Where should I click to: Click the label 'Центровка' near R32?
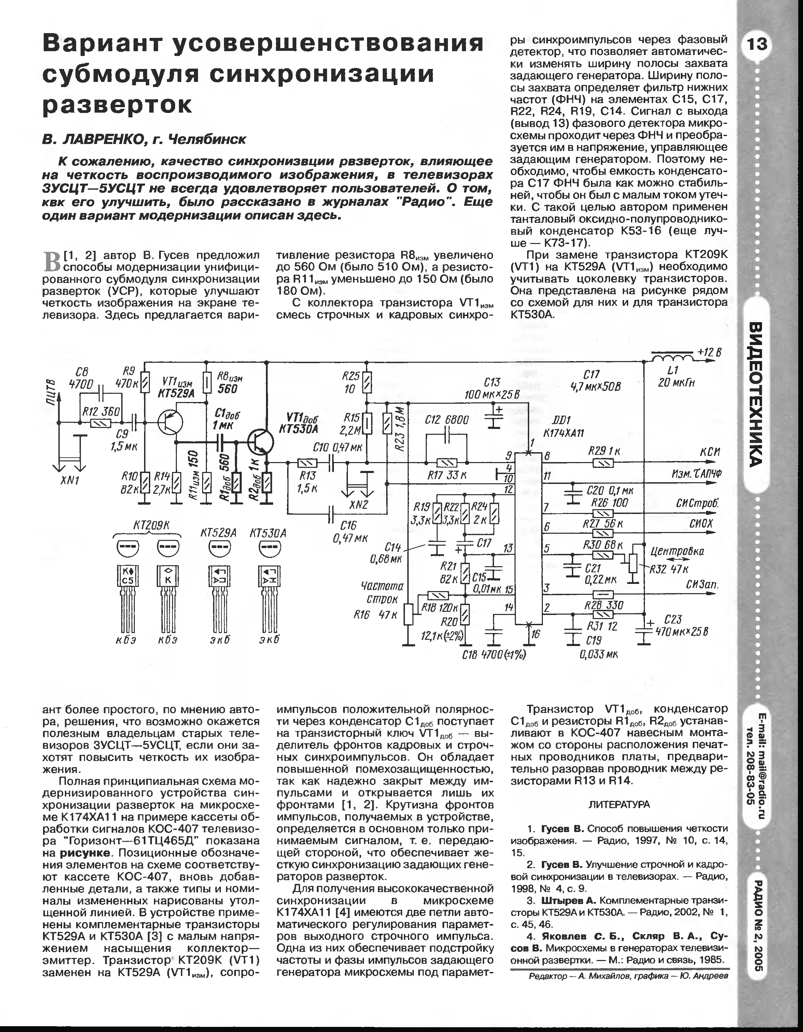677,551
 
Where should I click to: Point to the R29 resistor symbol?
603,463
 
